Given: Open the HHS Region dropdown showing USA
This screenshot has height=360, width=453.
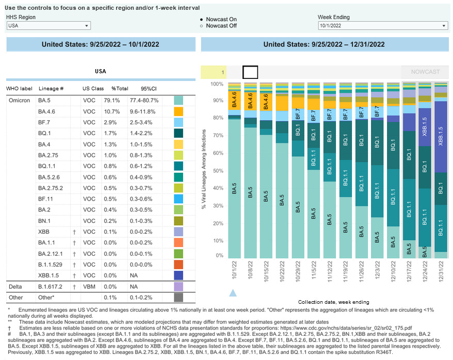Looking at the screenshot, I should (x=48, y=26).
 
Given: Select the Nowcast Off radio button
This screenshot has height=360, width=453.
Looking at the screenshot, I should (x=202, y=26).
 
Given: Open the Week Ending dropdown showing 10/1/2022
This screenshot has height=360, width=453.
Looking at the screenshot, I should (x=382, y=26).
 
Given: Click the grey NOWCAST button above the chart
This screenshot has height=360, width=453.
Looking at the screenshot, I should (x=425, y=72).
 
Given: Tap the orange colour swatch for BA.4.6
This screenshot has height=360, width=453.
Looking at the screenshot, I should (x=179, y=111).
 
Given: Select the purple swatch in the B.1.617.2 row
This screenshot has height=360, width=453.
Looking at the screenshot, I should (x=179, y=286).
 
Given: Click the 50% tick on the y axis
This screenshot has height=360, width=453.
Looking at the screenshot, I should (x=218, y=170).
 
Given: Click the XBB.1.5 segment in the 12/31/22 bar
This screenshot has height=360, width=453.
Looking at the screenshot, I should (x=441, y=137).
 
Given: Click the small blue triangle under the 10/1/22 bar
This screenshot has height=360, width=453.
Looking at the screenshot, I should (x=233, y=293).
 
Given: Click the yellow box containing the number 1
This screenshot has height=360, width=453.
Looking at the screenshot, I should (x=214, y=72).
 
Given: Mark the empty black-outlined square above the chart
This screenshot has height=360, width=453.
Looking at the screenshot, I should (x=250, y=72).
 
